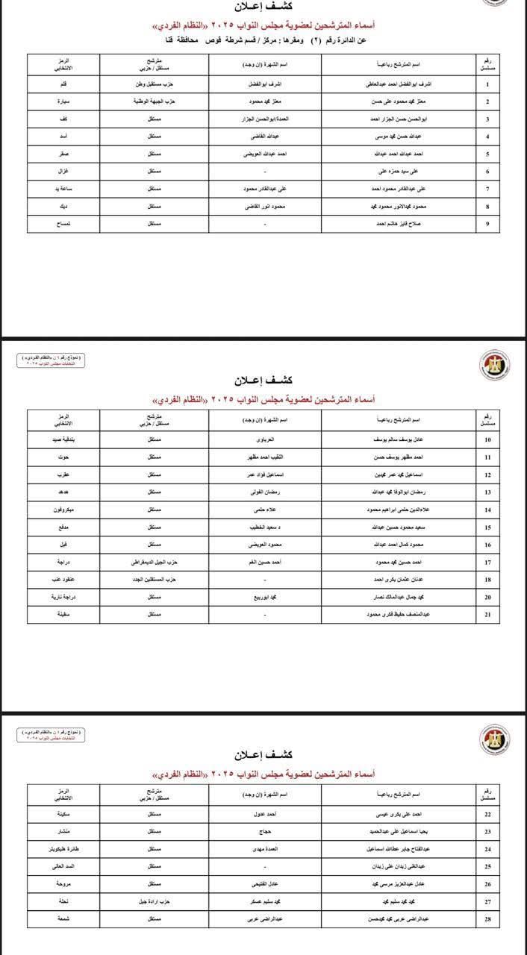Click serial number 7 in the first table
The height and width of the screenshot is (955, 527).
click(x=487, y=189)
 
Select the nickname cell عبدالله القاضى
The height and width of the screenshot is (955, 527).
click(x=265, y=137)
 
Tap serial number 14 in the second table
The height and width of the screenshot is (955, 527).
click(x=487, y=510)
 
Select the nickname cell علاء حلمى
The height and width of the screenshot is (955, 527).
click(x=265, y=510)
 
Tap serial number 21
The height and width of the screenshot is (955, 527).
click(x=487, y=614)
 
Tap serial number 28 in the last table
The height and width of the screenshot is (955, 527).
click(x=487, y=918)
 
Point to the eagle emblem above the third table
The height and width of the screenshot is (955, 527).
click(x=494, y=739)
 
